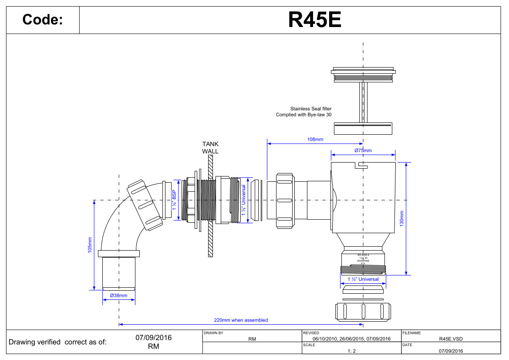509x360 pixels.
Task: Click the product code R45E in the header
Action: pos(315,19)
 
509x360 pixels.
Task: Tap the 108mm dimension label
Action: pos(315,139)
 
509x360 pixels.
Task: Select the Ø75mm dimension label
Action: pos(363,150)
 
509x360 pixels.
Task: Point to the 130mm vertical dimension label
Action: pos(402,218)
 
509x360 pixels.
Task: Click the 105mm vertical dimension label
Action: pos(90,245)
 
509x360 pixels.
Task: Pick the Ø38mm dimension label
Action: pos(118,295)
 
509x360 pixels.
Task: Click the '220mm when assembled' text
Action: pos(241,320)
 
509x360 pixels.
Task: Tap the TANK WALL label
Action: pos(210,147)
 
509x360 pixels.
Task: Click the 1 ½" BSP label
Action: pos(174,200)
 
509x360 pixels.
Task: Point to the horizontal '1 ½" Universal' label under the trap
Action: pos(363,279)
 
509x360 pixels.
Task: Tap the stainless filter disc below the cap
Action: pos(363,128)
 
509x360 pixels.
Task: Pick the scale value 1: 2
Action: pos(352,351)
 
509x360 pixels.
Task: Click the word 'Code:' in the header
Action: pos(43,20)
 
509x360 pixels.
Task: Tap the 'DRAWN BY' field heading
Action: pos(213,333)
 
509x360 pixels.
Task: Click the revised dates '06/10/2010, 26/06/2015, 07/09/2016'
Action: pos(352,339)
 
